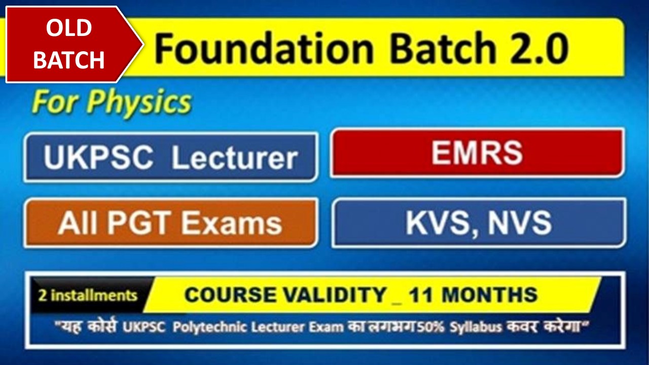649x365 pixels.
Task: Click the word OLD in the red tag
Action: coord(69,29)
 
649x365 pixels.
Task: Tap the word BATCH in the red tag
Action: coord(69,60)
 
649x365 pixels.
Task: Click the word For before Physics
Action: coord(54,103)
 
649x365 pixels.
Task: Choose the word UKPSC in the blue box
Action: coord(98,158)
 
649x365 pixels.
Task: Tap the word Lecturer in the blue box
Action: coord(234,158)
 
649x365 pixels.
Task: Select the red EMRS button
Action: coord(477,153)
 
